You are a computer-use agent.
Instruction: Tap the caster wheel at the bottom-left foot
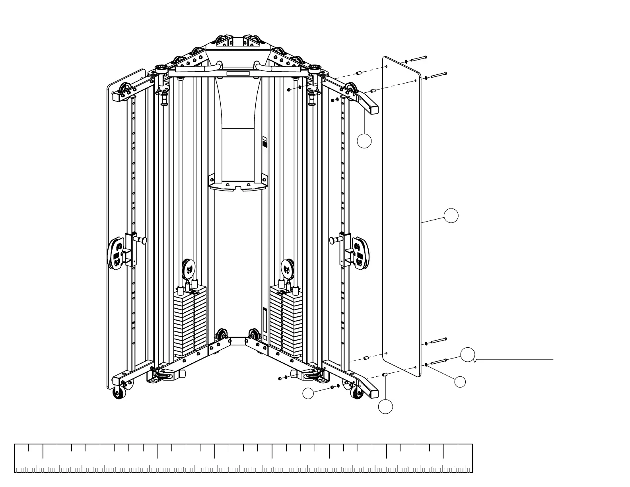pos(119,393)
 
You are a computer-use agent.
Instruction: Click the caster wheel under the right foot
pos(356,393)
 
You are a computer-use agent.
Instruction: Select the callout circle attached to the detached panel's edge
pos(451,215)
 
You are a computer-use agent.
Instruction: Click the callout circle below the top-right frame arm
pos(364,141)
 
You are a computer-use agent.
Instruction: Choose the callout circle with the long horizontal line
pos(468,354)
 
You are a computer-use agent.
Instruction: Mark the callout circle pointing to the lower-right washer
pos(460,381)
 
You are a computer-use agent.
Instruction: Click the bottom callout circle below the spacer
pos(385,407)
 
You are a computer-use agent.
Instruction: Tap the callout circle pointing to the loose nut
pos(308,393)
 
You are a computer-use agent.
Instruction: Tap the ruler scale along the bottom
pos(243,458)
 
